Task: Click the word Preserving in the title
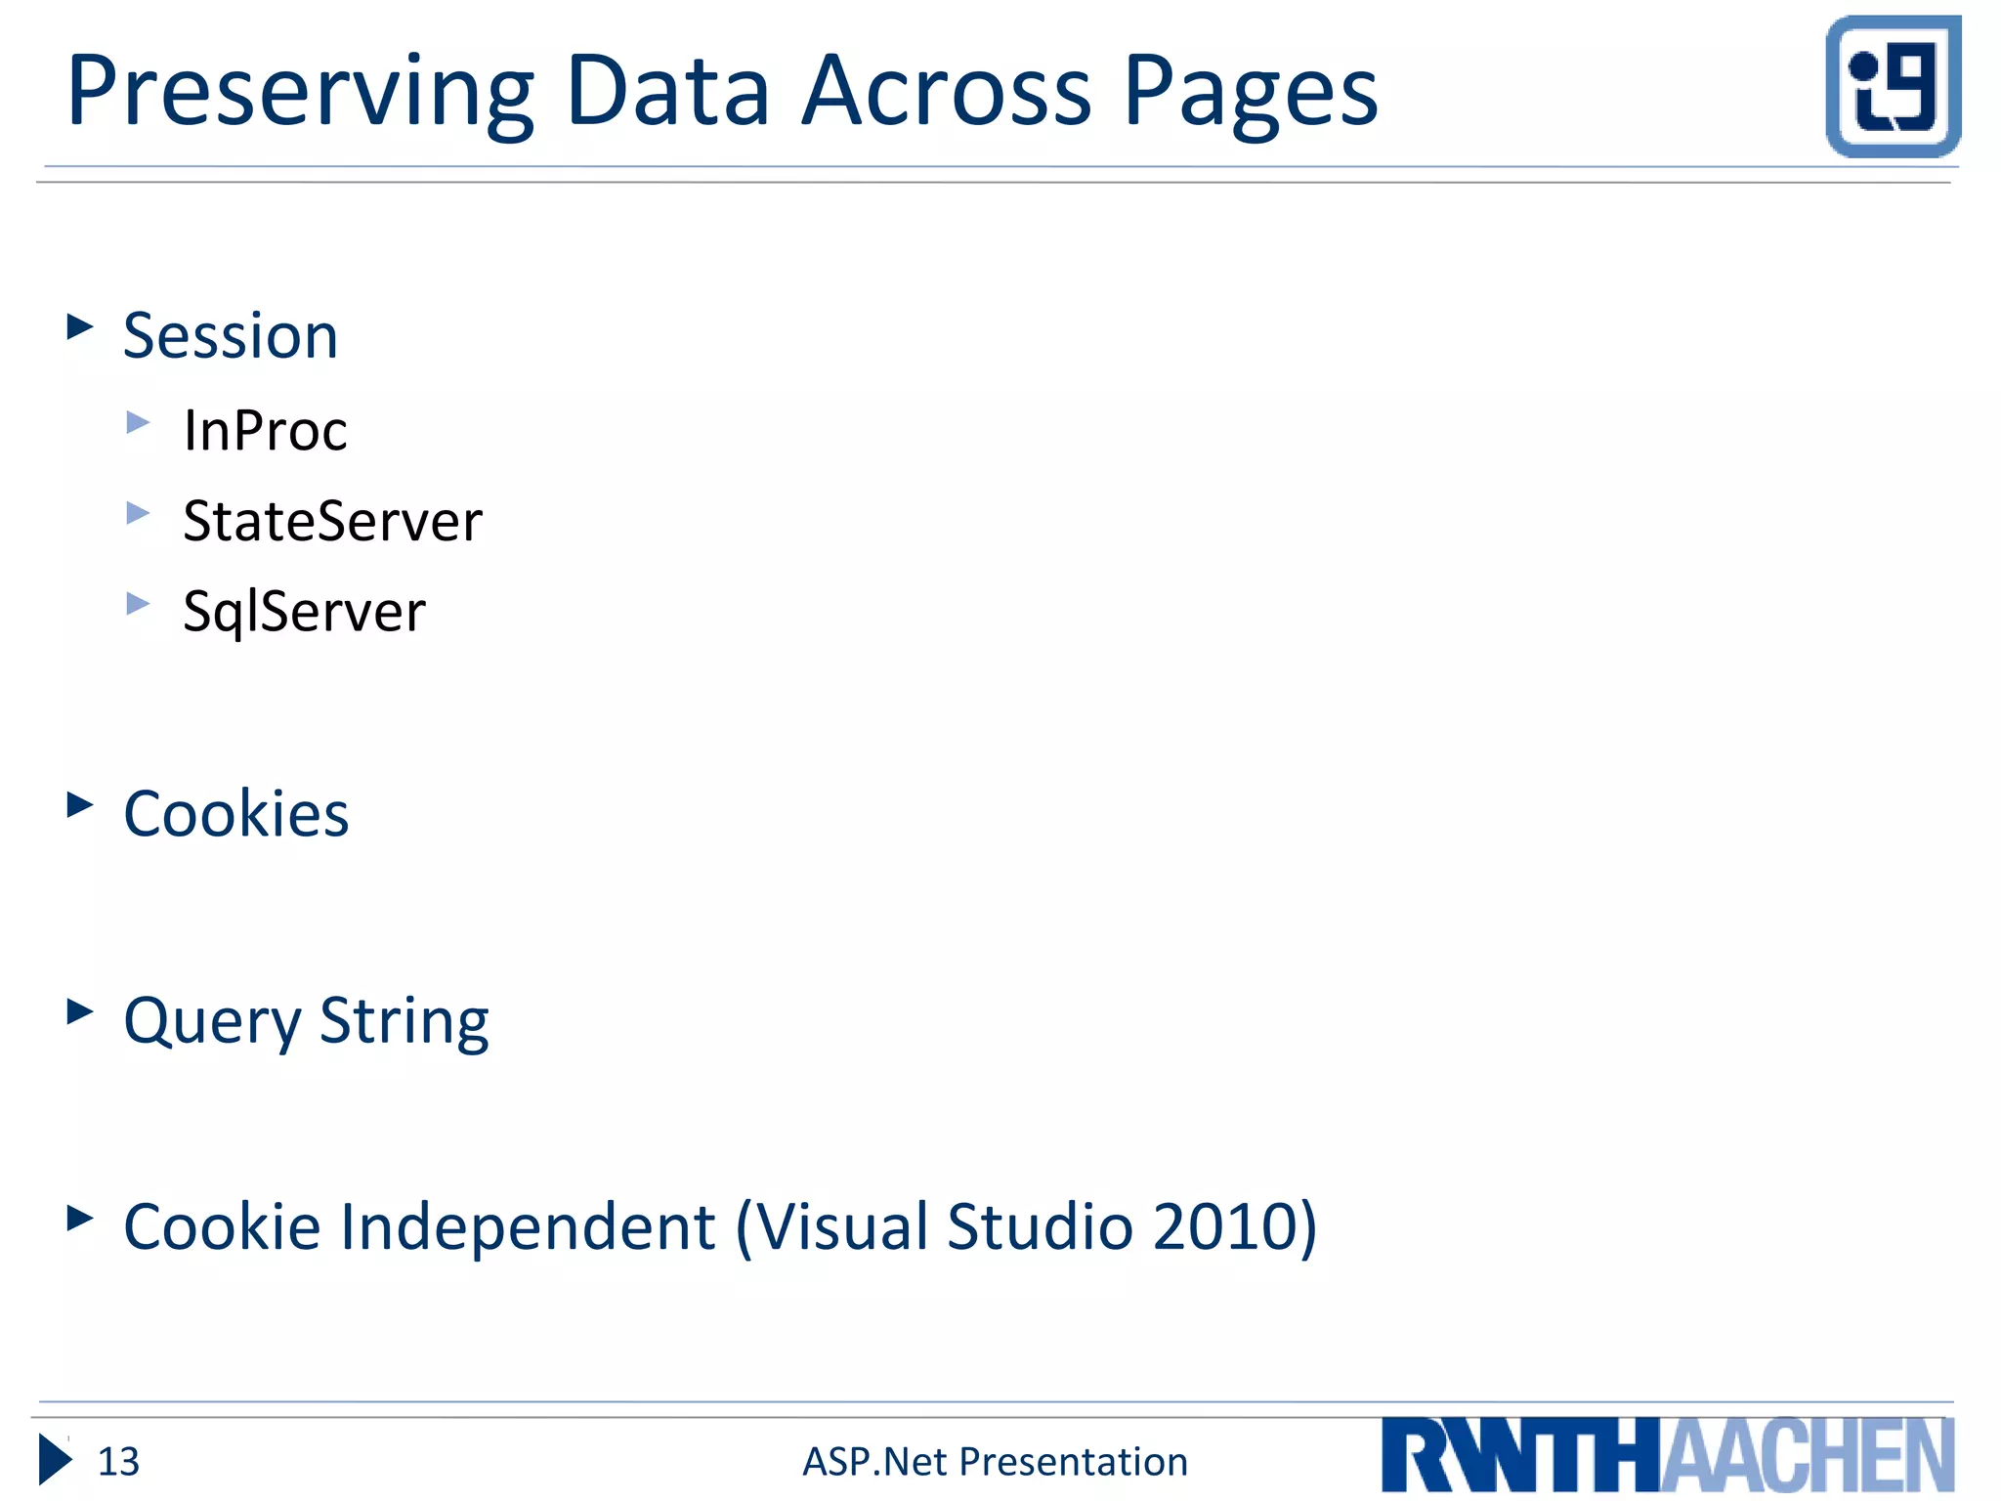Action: [299, 93]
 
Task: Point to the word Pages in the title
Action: [1251, 93]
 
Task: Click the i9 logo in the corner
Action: [1893, 86]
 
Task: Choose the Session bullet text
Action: [231, 336]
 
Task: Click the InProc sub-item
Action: [265, 430]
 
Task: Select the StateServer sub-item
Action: [332, 521]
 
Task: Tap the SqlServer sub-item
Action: [304, 613]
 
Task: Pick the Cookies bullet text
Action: [235, 814]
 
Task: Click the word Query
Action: [212, 1022]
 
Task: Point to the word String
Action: [404, 1022]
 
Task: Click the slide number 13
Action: [118, 1462]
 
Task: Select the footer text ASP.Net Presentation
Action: [995, 1462]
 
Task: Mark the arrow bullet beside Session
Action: [79, 326]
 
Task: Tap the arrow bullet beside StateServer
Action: [138, 513]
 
